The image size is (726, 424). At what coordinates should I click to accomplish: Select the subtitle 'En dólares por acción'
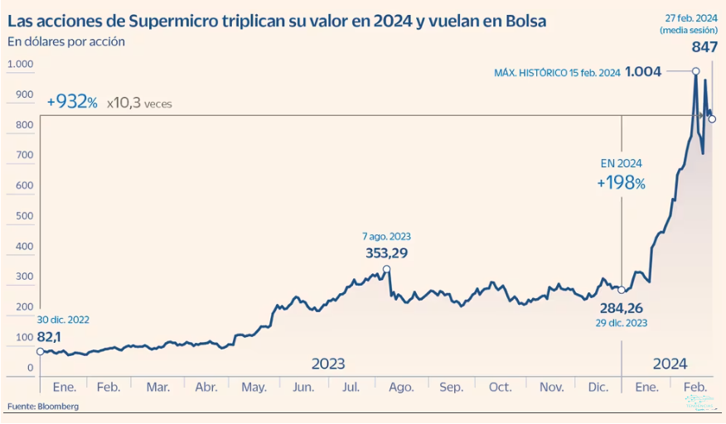65,41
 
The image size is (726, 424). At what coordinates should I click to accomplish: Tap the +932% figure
72,102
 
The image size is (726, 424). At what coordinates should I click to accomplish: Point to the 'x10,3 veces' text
139,103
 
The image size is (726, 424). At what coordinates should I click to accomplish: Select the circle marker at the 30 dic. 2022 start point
41,351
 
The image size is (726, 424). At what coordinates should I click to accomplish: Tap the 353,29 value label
386,253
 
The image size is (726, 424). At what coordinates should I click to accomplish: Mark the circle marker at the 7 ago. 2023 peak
387,268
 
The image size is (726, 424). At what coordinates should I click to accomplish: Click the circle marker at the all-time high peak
695,71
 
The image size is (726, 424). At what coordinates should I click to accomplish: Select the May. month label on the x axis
254,387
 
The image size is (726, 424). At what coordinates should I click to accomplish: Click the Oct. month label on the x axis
500,387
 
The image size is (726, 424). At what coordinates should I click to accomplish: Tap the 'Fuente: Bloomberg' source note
43,406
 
